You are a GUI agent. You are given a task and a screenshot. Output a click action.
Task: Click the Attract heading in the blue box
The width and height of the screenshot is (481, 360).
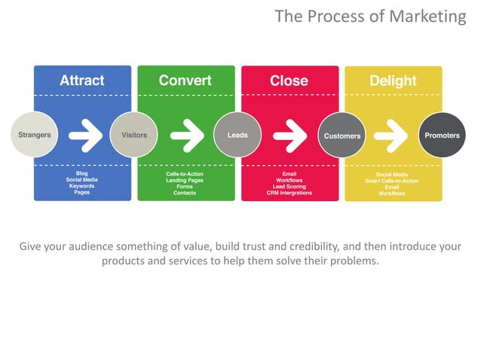[x=82, y=81]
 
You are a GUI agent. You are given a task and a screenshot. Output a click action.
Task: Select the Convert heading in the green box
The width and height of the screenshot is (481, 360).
[x=185, y=81]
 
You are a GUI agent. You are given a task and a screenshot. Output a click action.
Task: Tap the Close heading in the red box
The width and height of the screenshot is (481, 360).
[x=289, y=81]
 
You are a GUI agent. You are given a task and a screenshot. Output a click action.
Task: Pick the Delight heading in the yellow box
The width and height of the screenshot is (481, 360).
[x=393, y=81]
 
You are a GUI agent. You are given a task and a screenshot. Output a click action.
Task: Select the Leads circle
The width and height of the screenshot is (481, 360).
[x=237, y=136]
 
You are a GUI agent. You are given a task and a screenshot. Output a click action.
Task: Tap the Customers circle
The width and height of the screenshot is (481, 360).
[x=342, y=136]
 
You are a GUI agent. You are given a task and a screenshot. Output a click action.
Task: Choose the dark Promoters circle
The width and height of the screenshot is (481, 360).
[x=442, y=136]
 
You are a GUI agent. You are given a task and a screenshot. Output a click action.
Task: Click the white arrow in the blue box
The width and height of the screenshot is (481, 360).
[x=85, y=136]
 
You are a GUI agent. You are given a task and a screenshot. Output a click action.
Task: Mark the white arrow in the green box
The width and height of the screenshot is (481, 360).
[x=186, y=136]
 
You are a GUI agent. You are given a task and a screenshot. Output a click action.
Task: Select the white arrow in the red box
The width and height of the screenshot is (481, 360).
[x=290, y=136]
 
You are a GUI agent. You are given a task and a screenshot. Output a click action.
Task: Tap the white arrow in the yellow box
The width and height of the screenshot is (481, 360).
[x=391, y=136]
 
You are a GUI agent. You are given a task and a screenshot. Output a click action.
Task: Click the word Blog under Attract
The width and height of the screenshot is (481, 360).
[x=82, y=174]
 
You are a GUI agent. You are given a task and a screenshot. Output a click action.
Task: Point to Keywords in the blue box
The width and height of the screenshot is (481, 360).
[x=82, y=186]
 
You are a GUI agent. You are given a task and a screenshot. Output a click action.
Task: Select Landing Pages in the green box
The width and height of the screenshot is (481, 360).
[x=185, y=180]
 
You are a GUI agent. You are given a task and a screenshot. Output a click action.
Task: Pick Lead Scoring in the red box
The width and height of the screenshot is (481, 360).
[x=289, y=186]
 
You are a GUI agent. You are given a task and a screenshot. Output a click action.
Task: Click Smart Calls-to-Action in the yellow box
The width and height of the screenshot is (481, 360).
[x=392, y=181]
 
